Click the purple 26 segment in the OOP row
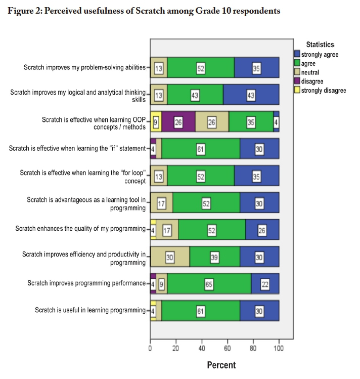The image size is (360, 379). pos(178,121)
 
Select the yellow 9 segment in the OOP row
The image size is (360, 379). pos(156,121)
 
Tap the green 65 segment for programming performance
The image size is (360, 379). pos(209,283)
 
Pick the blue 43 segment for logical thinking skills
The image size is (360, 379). pos(251,95)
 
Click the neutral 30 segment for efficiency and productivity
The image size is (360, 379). pos(170,257)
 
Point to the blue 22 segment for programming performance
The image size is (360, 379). pos(265,283)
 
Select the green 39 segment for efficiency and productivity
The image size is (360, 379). pos(214,257)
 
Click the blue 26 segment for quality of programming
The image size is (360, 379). pos(262,230)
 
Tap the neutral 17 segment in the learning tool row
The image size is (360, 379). pos(161,203)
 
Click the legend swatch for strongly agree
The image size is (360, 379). pos(297,54)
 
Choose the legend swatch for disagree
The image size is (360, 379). pos(297,81)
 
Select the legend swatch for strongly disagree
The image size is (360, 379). pos(297,90)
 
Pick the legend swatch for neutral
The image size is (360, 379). pos(297,72)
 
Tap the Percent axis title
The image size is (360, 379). pos(221,365)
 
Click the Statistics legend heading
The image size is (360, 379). pos(320,45)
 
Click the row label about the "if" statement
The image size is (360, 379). pos(79,148)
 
